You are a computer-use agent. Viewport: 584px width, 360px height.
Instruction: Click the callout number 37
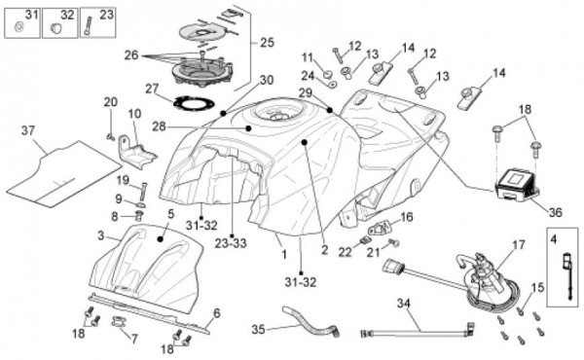(x=28, y=130)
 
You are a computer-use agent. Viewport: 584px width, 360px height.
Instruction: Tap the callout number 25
(x=267, y=43)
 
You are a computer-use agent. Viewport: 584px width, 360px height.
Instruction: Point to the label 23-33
(x=231, y=243)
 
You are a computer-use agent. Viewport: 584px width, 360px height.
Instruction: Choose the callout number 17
(x=519, y=244)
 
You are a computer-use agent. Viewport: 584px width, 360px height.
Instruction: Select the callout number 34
(x=404, y=303)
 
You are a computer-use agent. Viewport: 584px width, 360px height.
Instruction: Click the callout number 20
(x=111, y=101)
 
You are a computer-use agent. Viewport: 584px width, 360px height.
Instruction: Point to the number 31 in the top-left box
(x=32, y=15)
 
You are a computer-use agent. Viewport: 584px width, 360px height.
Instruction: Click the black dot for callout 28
(x=248, y=128)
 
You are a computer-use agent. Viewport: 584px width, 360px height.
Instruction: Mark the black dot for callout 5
(x=161, y=239)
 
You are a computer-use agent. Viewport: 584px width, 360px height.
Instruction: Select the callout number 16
(x=407, y=217)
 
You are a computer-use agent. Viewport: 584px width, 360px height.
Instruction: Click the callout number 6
(x=217, y=313)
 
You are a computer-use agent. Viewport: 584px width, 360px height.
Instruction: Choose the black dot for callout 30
(x=223, y=113)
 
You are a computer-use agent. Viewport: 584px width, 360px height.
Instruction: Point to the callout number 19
(x=123, y=181)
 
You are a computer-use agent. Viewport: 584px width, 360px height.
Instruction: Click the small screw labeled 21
(x=393, y=242)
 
